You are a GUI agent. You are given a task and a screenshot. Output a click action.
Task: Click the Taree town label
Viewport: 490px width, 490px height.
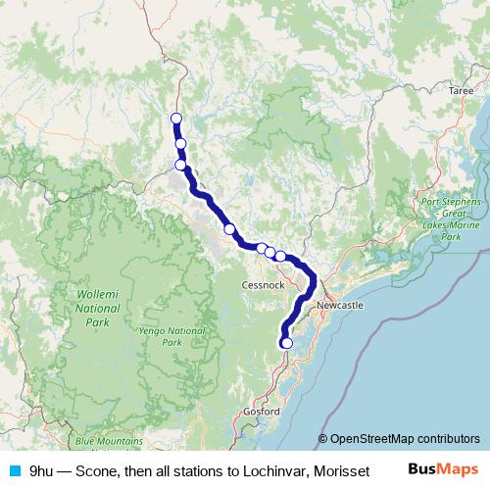[461, 89]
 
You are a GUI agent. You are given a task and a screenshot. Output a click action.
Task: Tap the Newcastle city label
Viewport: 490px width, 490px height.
[340, 307]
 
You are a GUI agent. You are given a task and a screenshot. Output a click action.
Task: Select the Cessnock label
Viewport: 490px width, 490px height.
[262, 285]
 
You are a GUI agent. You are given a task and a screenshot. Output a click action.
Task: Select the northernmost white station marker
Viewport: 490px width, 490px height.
[176, 119]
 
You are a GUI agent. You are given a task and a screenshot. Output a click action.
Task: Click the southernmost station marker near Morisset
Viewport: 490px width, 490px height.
[286, 343]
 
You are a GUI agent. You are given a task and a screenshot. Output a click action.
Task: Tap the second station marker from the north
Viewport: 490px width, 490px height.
[180, 144]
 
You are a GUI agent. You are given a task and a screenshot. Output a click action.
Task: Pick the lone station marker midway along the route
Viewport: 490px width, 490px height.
[229, 228]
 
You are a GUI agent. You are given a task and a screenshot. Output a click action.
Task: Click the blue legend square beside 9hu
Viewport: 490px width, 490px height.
[15, 470]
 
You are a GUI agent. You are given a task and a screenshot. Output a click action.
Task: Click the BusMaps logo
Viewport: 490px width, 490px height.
[444, 469]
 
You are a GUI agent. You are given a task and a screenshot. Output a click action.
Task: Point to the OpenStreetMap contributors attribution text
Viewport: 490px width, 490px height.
[404, 439]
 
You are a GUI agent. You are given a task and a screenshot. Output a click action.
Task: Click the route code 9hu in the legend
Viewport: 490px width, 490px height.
[41, 470]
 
